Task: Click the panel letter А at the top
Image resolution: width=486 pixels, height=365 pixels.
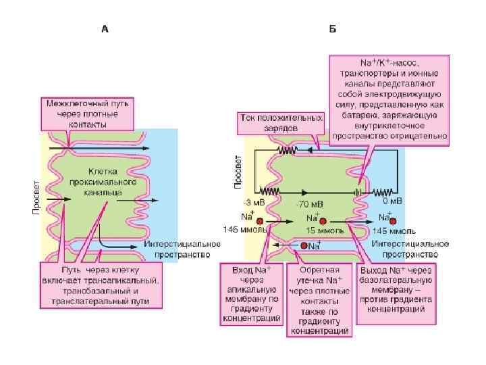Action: click(x=105, y=29)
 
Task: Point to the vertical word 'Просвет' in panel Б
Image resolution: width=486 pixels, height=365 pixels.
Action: click(x=238, y=176)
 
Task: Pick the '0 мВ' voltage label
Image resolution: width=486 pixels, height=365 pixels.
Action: click(x=392, y=201)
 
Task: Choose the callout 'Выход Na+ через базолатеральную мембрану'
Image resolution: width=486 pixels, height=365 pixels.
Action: click(x=395, y=289)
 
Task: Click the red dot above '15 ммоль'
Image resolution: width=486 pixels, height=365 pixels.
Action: click(x=323, y=220)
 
